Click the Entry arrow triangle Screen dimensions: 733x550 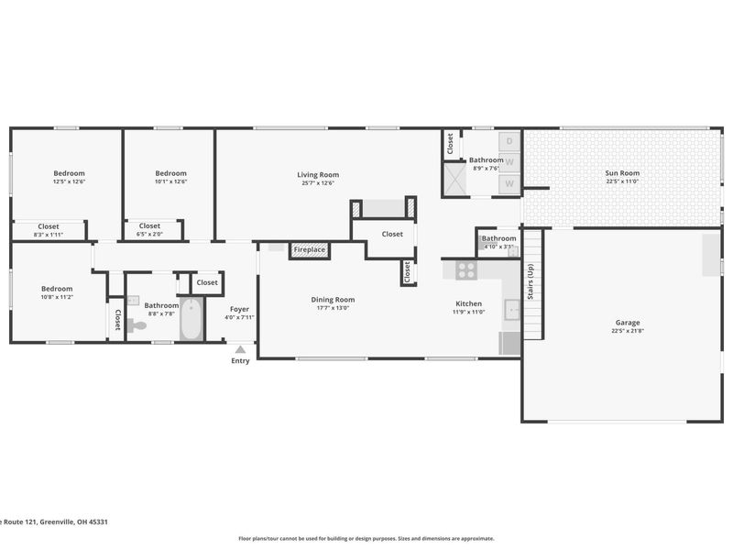[240, 349]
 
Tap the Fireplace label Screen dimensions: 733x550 [309, 249]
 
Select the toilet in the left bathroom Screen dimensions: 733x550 [137, 324]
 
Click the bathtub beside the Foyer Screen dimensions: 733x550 [191, 319]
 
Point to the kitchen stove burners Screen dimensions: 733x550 [466, 269]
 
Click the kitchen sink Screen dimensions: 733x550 [512, 310]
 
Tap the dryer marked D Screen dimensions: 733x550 [509, 141]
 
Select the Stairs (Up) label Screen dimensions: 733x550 [531, 281]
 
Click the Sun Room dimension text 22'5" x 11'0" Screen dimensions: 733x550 [622, 181]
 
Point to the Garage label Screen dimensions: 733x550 [628, 323]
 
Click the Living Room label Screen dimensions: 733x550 [318, 174]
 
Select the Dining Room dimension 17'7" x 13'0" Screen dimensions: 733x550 [333, 308]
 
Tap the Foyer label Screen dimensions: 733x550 [239, 309]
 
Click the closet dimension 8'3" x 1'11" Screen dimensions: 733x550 [49, 235]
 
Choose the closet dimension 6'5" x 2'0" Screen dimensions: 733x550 [149, 234]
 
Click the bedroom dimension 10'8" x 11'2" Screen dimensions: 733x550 [57, 297]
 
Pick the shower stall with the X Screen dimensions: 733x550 [454, 179]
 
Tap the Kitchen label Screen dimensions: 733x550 [468, 303]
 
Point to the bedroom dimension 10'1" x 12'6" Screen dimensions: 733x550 [170, 181]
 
